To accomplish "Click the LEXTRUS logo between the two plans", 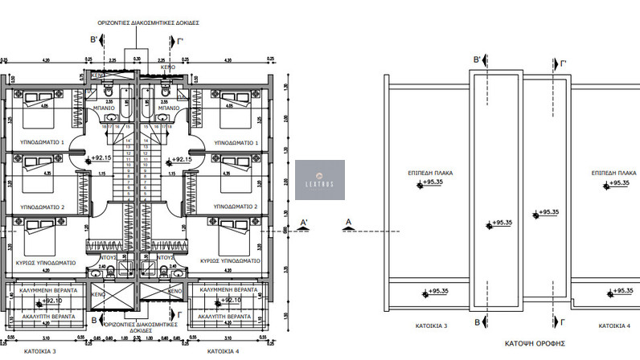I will [x=321, y=178].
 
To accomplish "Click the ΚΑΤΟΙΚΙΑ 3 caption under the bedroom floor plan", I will [x=41, y=351].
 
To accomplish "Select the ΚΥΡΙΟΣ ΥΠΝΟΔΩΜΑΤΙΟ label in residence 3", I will [x=46, y=262].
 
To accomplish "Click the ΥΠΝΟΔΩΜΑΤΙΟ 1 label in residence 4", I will [x=235, y=142].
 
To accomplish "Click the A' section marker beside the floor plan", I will [x=303, y=222].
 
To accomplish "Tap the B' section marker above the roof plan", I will [x=478, y=59].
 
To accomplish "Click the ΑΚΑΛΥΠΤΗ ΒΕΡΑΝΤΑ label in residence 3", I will [x=47, y=317].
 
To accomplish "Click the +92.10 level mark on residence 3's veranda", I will [x=51, y=301].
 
